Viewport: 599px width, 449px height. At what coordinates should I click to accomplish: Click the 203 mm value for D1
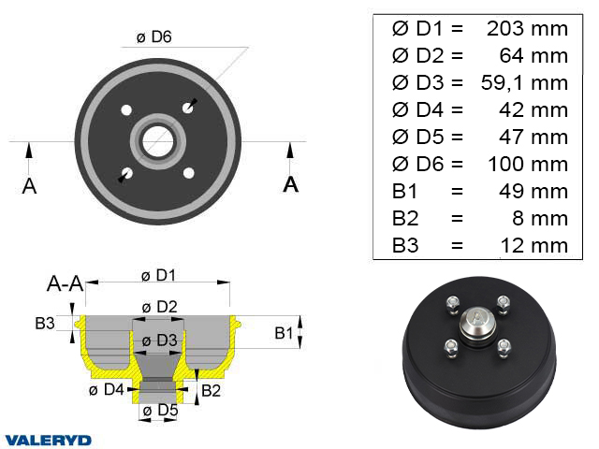pyautogui.click(x=527, y=28)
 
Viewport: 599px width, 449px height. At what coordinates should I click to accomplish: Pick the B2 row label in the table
pyautogui.click(x=405, y=219)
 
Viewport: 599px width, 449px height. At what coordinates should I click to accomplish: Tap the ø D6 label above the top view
pyautogui.click(x=153, y=36)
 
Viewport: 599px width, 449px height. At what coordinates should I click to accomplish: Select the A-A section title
pyautogui.click(x=66, y=283)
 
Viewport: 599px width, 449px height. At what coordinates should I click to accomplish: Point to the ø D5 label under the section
pyautogui.click(x=157, y=409)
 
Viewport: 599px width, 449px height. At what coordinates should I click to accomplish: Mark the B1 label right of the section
pyautogui.click(x=284, y=332)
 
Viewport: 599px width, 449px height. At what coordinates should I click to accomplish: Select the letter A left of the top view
pyautogui.click(x=29, y=185)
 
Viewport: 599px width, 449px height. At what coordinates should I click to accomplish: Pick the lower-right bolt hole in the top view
pyautogui.click(x=189, y=173)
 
